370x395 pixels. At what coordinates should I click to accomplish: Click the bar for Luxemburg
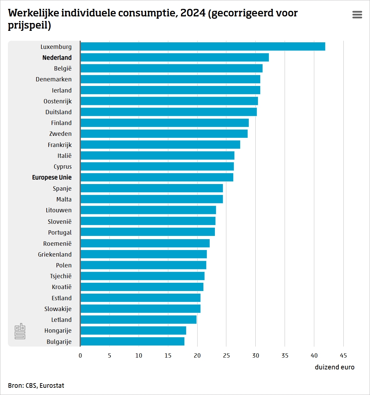(203, 47)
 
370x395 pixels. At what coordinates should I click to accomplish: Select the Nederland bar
(174, 57)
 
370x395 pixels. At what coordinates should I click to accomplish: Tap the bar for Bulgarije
(132, 342)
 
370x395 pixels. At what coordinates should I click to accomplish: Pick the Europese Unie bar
(157, 177)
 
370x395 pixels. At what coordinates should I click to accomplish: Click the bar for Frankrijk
(160, 145)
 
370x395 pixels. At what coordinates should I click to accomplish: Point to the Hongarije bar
(133, 331)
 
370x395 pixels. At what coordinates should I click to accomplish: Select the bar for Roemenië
(145, 243)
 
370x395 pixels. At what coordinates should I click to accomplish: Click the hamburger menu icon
(357, 15)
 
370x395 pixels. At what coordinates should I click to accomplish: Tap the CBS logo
(20, 331)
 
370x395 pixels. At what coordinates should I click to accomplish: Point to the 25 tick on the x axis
(226, 356)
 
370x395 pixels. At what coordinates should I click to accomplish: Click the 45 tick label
(343, 356)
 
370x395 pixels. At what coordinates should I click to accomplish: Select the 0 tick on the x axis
(80, 356)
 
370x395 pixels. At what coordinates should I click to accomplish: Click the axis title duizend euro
(335, 367)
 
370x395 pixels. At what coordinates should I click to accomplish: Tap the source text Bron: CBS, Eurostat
(36, 385)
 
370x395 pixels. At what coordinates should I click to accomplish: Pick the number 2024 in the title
(193, 13)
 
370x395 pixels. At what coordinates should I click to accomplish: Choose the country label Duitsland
(58, 112)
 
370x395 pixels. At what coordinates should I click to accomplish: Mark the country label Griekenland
(55, 255)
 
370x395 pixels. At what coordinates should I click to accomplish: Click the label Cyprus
(62, 167)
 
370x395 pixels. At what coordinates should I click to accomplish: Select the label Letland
(61, 320)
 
